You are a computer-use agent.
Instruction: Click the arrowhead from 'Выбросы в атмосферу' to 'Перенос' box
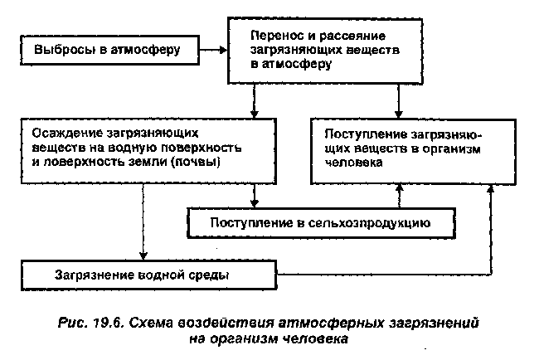tap(223, 51)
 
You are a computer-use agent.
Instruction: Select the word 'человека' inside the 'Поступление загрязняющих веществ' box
tap(353, 163)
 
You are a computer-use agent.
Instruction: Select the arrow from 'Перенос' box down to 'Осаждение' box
tap(254, 101)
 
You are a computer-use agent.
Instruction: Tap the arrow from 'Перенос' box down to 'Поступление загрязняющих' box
tap(398, 101)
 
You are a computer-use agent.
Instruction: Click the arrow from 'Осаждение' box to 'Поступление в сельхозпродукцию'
tap(254, 196)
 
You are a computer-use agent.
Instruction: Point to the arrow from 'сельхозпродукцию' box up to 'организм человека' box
tap(399, 196)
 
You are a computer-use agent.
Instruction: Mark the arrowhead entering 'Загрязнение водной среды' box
tap(143, 255)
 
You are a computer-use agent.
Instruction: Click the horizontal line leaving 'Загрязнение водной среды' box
tap(384, 275)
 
